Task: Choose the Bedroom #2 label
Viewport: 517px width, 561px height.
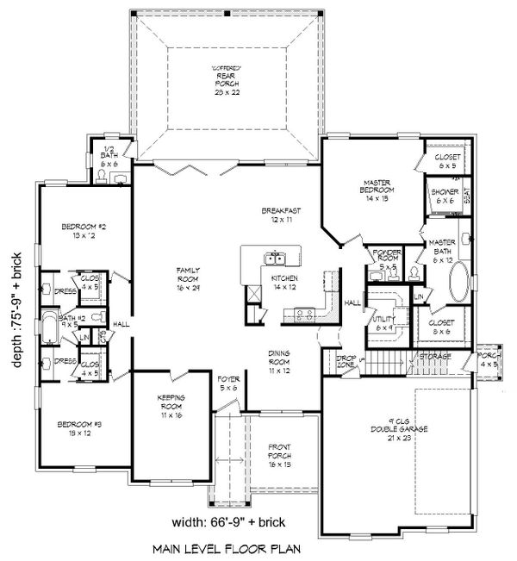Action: [83, 231]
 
